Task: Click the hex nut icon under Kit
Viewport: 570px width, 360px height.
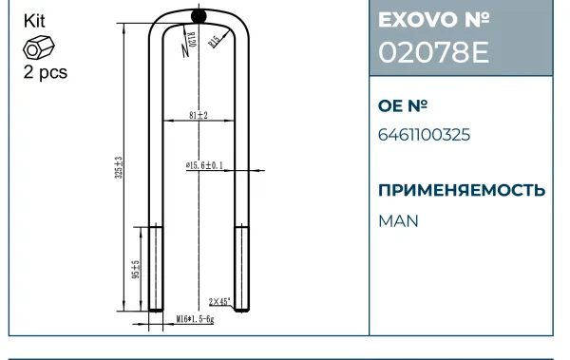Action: tap(39, 47)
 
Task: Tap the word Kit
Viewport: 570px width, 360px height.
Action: tap(34, 21)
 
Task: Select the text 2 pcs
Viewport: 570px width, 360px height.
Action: tap(46, 72)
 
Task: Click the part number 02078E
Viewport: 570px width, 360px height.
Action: tap(434, 52)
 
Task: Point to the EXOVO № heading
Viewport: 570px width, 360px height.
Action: tap(434, 20)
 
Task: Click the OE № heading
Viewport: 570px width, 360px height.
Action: tap(403, 105)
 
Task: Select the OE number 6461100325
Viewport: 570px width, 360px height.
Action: tap(425, 135)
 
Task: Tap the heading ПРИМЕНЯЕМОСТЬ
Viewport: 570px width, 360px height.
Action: tap(462, 190)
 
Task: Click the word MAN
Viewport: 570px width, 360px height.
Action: tap(398, 221)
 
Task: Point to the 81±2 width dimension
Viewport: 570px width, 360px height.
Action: tap(199, 115)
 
